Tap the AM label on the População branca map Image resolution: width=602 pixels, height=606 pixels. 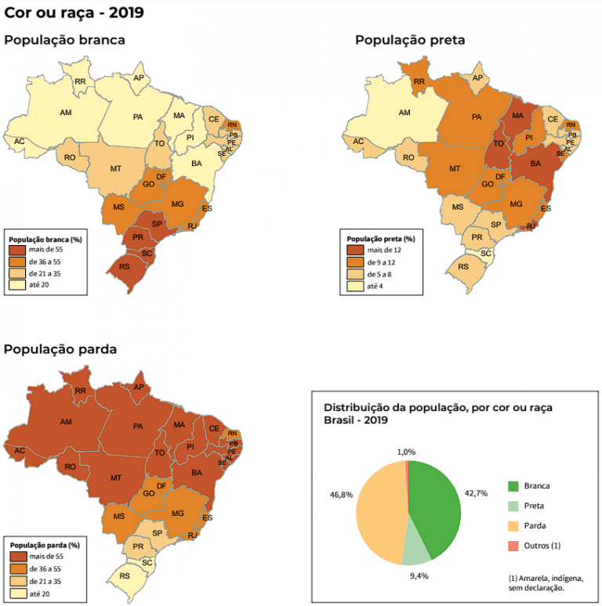click(x=66, y=113)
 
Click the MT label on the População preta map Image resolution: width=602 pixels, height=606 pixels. click(x=454, y=169)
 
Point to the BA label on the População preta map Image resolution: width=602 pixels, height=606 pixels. click(x=536, y=164)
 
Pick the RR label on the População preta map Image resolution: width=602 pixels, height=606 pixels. click(x=419, y=81)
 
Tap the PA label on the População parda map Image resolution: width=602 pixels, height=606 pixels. click(x=138, y=427)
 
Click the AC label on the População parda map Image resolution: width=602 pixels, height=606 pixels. click(x=20, y=450)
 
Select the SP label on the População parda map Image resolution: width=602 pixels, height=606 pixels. click(x=157, y=533)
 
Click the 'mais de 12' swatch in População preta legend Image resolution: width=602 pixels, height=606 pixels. click(x=355, y=249)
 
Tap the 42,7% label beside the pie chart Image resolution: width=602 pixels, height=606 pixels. click(x=477, y=493)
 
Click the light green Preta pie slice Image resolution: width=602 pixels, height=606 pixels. click(x=415, y=551)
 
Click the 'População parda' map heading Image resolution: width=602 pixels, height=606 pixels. click(x=60, y=349)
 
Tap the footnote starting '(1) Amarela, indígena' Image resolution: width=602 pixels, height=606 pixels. click(x=544, y=582)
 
